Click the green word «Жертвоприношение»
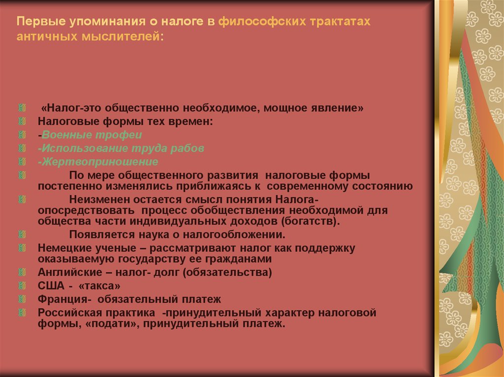(100, 161)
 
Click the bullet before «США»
(21, 286)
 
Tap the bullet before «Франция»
(21, 299)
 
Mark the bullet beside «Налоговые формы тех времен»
(21, 121)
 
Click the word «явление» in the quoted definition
(340, 108)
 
